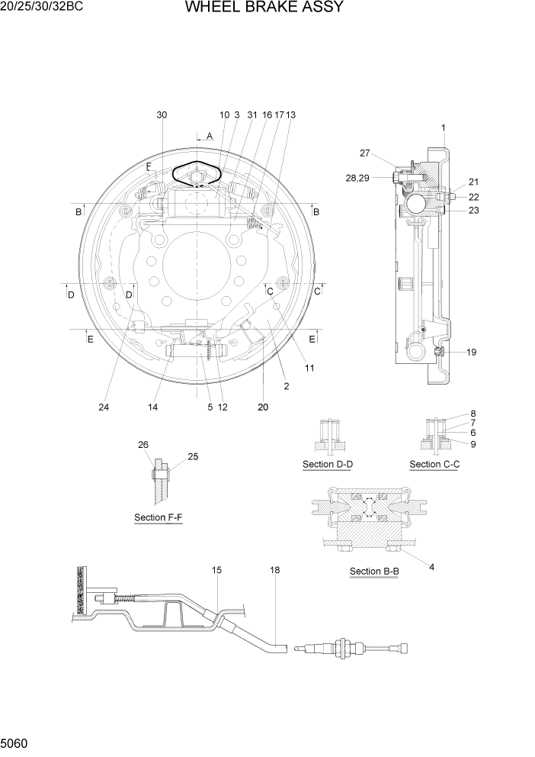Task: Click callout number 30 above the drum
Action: (x=162, y=114)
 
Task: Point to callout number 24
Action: (x=104, y=407)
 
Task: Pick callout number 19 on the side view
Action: (x=472, y=353)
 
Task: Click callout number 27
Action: (x=364, y=153)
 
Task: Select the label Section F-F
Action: (x=158, y=517)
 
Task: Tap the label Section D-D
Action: (x=328, y=464)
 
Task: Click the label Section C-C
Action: (x=434, y=464)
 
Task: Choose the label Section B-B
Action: (x=374, y=571)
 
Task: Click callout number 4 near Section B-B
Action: (x=431, y=567)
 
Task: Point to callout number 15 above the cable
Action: (x=216, y=570)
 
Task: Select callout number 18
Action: (x=274, y=570)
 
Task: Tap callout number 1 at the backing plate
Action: (x=443, y=127)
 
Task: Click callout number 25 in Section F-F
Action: (x=193, y=456)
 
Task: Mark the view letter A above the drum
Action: (x=209, y=136)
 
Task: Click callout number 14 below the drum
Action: (x=153, y=407)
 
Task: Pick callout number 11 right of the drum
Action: (x=309, y=368)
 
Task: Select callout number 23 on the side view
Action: (x=473, y=211)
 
